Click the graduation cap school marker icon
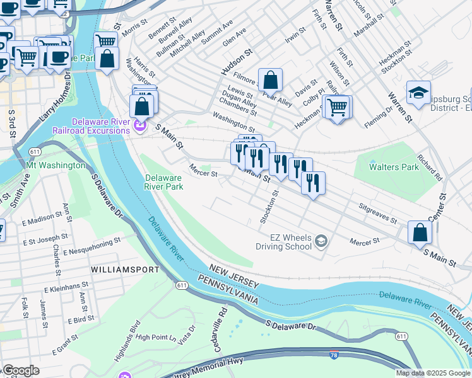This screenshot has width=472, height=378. click(418, 93)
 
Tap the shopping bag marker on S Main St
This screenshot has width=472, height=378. click(420, 232)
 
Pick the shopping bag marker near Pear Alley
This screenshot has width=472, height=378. click(270, 81)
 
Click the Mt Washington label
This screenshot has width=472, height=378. click(56, 165)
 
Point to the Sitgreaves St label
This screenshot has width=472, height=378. click(377, 214)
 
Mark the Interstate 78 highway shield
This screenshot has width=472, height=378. click(334, 356)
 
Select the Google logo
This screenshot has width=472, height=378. click(21, 370)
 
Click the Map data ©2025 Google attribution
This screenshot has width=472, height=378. click(434, 373)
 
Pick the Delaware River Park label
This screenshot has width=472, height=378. click(164, 182)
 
